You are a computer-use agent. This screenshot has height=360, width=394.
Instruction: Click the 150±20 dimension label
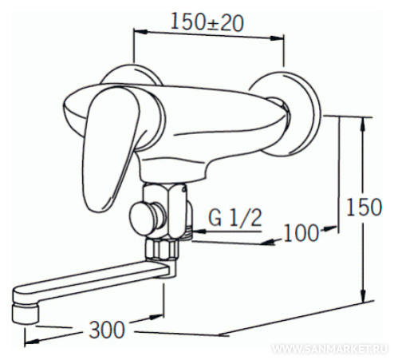(x=207, y=22)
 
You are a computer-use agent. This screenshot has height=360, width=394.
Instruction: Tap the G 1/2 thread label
(x=235, y=217)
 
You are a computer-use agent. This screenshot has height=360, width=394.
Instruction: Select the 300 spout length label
(x=107, y=330)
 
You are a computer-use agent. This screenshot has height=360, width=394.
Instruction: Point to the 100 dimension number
(x=301, y=233)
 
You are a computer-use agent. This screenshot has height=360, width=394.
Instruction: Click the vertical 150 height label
(x=364, y=207)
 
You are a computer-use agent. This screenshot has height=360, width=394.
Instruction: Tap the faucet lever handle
(x=109, y=149)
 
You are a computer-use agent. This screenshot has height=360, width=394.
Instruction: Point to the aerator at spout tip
(x=26, y=314)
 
